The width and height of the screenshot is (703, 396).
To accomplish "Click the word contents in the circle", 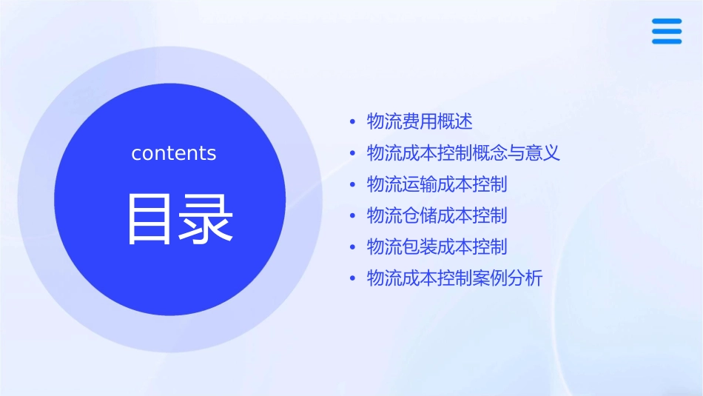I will tap(174, 153).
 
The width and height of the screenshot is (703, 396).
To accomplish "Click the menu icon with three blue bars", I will tap(667, 31).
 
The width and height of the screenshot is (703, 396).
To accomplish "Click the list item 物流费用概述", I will tap(420, 121).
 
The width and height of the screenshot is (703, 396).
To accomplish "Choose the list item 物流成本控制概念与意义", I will tap(463, 153).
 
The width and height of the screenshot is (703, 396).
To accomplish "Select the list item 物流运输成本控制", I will tap(437, 184).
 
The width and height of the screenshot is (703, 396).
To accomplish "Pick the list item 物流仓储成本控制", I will tap(437, 215).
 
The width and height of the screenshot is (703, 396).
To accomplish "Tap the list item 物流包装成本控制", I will tap(437, 246).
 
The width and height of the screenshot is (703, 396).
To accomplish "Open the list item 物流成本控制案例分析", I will tap(454, 278).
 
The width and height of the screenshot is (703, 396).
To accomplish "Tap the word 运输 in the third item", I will tap(420, 184).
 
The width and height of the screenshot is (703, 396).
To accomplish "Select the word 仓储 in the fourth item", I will tap(420, 215).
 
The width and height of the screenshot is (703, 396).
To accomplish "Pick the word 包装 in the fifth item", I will tap(420, 246).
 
